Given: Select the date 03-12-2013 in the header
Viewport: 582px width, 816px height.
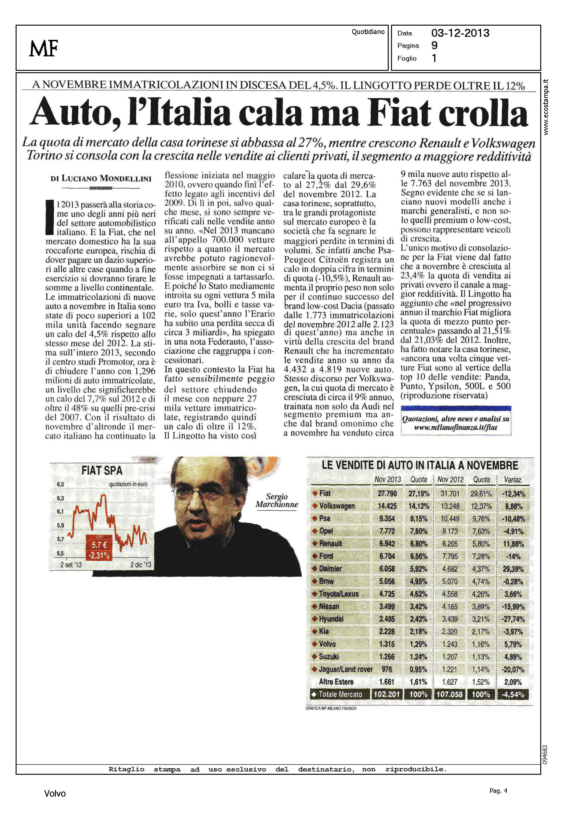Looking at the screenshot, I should (x=460, y=33).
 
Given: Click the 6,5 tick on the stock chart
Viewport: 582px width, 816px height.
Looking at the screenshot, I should (x=60, y=484).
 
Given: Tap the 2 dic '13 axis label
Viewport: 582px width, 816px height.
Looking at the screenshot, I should (x=140, y=565).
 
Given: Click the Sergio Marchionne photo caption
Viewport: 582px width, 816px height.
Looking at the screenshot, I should (x=277, y=501).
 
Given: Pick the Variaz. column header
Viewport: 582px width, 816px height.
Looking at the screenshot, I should (x=513, y=480).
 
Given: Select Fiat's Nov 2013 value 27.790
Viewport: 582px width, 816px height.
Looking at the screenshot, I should (x=387, y=493).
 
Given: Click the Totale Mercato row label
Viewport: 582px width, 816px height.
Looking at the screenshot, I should (x=340, y=694).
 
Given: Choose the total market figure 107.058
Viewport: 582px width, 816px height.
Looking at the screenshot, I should (x=450, y=694).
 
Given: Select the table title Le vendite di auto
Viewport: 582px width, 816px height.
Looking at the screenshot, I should (x=420, y=466).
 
